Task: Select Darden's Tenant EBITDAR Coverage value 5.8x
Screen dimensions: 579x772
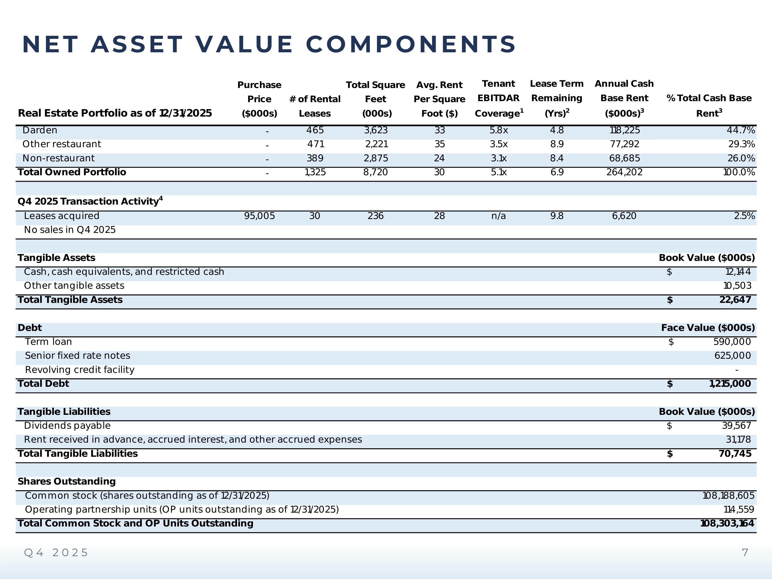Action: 498,130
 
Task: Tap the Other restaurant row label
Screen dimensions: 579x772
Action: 62,144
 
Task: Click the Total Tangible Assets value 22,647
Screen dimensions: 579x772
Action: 735,300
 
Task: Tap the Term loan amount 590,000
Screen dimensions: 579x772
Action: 732,342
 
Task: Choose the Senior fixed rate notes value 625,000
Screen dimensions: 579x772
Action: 732,356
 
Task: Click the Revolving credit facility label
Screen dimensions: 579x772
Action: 80,370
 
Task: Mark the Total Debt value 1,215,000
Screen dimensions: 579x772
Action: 730,384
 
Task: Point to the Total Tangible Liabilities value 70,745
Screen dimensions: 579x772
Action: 735,454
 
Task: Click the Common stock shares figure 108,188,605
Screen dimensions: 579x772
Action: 728,496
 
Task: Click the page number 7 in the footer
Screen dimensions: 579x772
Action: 745,553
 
